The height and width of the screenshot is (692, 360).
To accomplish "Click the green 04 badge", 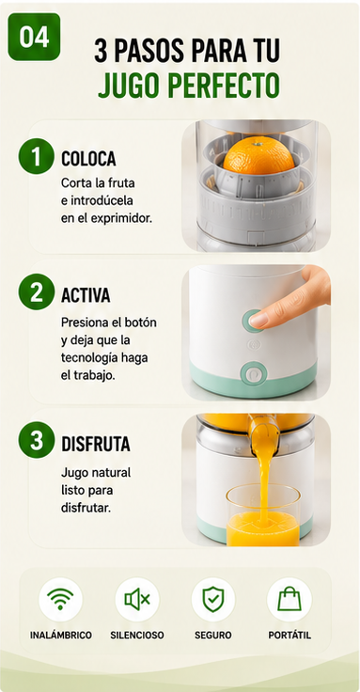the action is click(34, 37).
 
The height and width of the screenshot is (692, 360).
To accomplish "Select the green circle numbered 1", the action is click(36, 156).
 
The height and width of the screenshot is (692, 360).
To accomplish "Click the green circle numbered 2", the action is click(36, 291).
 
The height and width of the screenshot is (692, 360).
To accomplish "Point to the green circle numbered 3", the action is click(36, 440).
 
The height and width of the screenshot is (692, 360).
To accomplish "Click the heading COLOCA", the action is click(88, 159).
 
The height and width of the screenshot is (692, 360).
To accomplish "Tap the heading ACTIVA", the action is click(86, 295).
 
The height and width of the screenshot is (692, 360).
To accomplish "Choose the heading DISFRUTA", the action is click(95, 444).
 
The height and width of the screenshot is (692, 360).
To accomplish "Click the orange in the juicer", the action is click(258, 155).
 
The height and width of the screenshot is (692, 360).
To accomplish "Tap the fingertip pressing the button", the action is click(260, 319).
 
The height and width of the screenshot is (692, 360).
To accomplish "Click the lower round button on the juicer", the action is click(253, 374).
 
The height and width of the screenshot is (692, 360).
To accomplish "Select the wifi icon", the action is click(60, 599).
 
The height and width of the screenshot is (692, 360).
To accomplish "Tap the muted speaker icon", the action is click(137, 599).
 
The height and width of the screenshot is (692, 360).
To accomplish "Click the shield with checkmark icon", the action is click(213, 599).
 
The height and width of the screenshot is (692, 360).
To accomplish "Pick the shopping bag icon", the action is click(290, 599).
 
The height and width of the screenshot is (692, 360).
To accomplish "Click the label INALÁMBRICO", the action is click(61, 635).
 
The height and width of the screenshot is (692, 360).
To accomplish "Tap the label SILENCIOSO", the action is click(137, 635).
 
